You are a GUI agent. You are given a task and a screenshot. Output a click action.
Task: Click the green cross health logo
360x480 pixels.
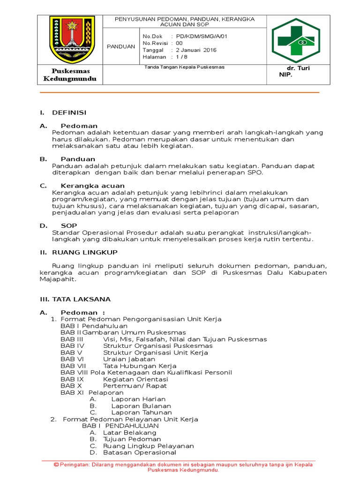tap(296, 39)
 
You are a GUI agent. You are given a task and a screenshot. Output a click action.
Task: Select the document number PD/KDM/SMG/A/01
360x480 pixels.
tap(195, 36)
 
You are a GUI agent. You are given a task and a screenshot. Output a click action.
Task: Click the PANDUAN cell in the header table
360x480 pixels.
tap(120, 46)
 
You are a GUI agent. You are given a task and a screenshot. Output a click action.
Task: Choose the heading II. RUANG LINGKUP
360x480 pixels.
tap(78, 252)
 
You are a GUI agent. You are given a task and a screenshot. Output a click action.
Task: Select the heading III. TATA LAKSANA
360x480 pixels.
tap(75, 299)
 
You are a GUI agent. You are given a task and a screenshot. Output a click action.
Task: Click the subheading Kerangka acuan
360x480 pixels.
tap(92, 186)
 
